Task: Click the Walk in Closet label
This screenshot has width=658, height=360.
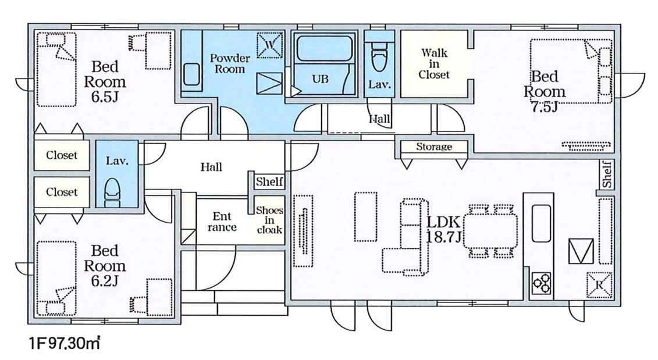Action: click(x=434, y=64)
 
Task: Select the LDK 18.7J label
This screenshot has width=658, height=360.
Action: click(x=444, y=229)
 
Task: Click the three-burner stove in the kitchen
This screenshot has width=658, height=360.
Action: click(x=541, y=283)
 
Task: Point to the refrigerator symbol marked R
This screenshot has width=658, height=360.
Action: click(x=599, y=286)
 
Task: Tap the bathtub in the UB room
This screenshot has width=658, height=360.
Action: click(x=323, y=49)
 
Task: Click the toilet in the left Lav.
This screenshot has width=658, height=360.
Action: click(x=112, y=193)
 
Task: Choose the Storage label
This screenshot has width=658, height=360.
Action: click(x=434, y=147)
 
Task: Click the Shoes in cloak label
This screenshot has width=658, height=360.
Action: click(x=269, y=220)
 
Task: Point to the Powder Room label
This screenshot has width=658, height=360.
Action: click(x=230, y=63)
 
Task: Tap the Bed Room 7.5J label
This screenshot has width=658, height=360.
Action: click(x=545, y=91)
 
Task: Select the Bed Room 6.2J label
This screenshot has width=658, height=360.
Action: click(x=105, y=266)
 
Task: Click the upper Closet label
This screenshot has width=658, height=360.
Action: click(x=62, y=155)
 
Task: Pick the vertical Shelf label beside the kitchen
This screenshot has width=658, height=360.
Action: click(x=607, y=174)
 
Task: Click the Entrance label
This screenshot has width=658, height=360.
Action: click(x=222, y=222)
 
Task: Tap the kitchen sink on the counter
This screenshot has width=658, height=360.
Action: click(x=541, y=223)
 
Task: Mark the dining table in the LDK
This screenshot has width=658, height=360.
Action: click(x=491, y=231)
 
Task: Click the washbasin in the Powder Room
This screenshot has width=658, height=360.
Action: click(x=192, y=74)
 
